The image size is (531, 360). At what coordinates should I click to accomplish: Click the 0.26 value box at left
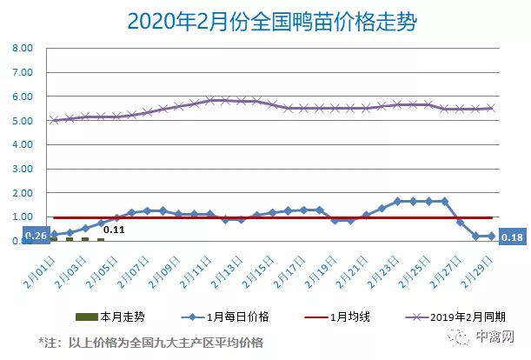pyautogui.click(x=35, y=236)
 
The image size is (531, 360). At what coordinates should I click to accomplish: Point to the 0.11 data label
pyautogui.click(x=114, y=230)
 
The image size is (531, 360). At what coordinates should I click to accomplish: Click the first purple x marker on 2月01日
pyautogui.click(x=55, y=120)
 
